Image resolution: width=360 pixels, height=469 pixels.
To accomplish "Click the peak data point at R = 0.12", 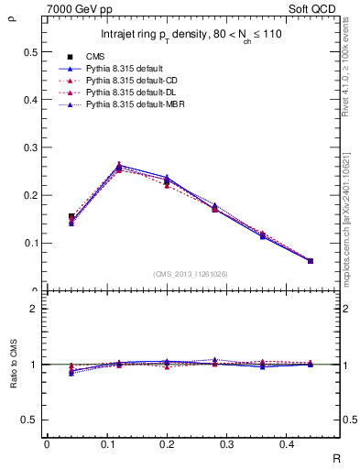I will (120, 168).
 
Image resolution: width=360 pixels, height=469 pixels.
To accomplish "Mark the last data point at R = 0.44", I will (310, 261).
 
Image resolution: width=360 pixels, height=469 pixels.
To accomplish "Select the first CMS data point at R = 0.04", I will (71, 217).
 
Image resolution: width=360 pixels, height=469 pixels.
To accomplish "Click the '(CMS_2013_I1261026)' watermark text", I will (191, 273).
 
